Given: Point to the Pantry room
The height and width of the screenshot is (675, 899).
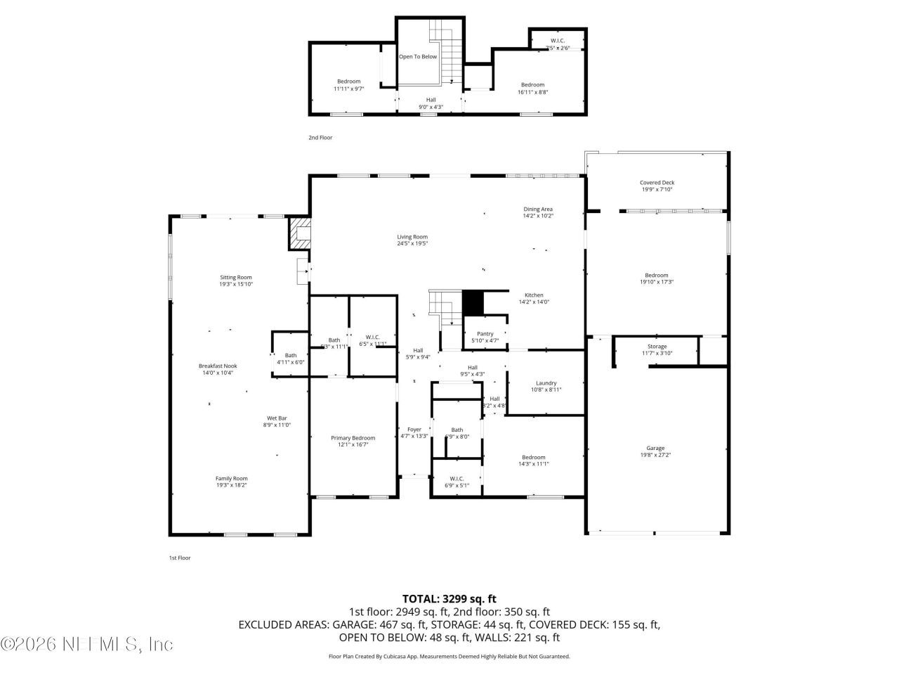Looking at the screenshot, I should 485,337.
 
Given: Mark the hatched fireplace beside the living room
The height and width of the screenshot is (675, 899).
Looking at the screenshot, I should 298,233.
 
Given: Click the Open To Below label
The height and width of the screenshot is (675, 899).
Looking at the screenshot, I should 418,57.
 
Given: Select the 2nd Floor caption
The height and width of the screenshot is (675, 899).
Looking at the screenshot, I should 320,138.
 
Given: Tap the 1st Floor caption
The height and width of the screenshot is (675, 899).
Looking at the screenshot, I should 179,558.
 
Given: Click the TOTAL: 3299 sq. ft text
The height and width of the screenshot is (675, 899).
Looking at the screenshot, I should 449,599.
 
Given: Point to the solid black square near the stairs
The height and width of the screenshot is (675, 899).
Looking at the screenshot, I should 473,303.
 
